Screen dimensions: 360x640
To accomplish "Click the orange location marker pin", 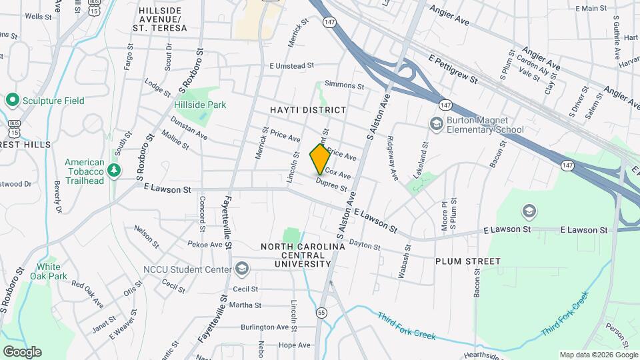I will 320,159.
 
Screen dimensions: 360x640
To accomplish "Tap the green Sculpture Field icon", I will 11,101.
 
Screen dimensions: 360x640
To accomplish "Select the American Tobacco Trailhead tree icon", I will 114,171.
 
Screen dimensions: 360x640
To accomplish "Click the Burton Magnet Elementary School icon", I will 436,123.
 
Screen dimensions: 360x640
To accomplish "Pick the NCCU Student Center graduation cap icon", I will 242,270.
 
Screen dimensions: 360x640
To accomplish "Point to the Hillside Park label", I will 200,105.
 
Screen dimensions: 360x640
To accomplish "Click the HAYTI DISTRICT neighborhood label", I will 308,109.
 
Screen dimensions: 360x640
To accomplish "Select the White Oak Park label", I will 52,271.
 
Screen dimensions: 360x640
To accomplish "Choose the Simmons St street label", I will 344,86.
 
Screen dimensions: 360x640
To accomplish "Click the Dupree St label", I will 331,184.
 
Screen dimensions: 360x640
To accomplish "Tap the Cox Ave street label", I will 338,174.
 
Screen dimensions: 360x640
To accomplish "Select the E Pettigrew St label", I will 454,69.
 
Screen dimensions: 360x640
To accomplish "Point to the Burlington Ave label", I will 265,327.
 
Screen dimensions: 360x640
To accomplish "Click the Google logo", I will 22,351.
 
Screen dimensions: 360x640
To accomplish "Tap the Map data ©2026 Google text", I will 597,355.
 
